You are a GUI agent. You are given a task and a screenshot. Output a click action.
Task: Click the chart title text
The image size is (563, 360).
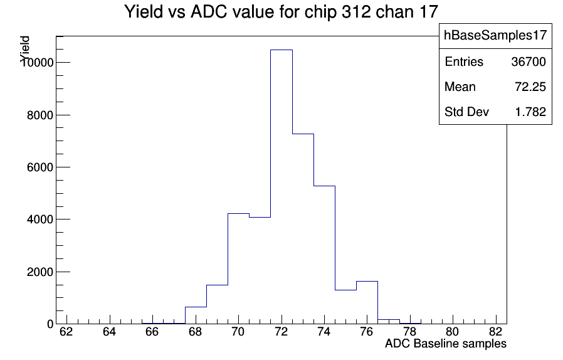coord(281,11)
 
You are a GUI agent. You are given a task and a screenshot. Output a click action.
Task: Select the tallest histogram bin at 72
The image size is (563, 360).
coord(281,187)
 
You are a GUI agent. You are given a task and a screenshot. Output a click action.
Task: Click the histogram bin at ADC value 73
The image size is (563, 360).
coord(303,229)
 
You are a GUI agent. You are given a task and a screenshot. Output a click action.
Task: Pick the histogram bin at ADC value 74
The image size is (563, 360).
coord(325,255)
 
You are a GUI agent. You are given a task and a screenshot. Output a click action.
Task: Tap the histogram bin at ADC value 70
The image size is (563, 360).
coord(239,268)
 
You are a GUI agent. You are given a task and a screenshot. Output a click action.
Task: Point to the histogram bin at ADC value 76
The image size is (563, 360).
coord(367,302)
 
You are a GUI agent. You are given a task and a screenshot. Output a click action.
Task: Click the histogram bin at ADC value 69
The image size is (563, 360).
coord(217,304)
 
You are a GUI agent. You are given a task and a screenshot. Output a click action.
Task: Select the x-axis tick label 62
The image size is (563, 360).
coord(66,332)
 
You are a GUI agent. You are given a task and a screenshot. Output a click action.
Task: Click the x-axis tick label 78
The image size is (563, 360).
coord(410,332)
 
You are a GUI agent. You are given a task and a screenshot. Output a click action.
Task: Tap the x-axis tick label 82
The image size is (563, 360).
coord(496,332)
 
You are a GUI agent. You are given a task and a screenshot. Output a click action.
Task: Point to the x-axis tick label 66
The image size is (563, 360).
coord(152,332)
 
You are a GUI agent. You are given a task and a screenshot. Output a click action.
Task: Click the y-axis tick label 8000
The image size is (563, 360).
coord(40,115)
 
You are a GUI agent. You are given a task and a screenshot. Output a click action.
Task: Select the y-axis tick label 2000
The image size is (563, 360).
coord(40,272)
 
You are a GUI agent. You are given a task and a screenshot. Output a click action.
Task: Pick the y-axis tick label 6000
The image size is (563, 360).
coord(40,167)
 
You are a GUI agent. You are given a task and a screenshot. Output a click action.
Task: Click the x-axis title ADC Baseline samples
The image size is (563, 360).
coord(446,344)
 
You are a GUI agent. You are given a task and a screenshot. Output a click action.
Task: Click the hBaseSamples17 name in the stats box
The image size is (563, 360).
coord(495,35)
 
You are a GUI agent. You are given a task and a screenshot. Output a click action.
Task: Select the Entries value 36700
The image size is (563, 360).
coord(529,62)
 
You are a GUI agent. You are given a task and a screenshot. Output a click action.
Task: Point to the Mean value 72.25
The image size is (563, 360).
coord(530,87)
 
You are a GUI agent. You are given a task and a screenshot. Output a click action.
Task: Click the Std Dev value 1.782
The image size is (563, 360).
coord(530,112)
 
